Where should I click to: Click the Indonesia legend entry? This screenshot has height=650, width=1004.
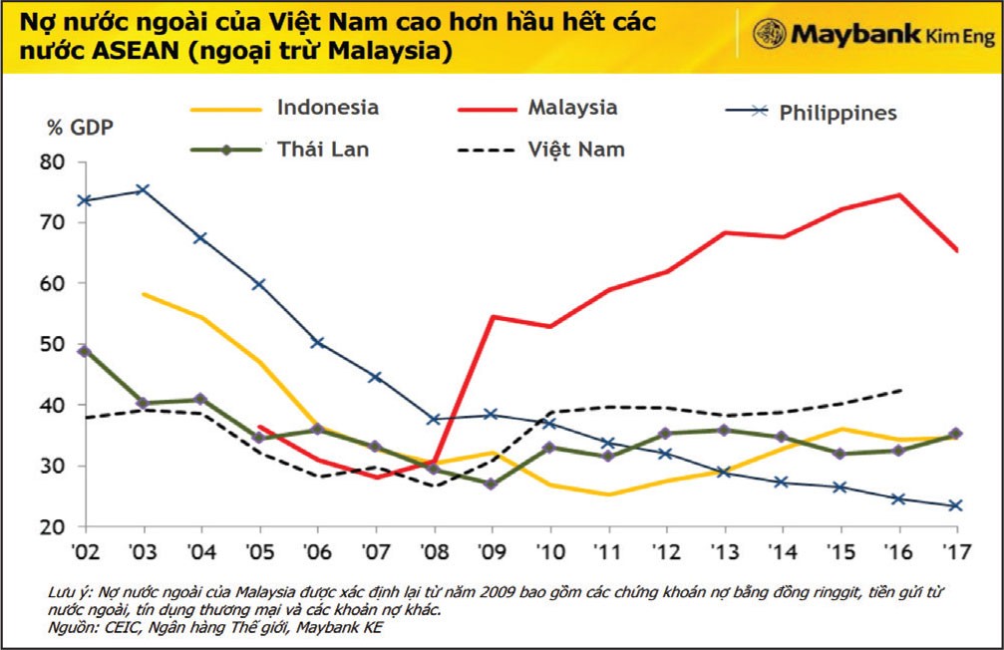pos(328,109)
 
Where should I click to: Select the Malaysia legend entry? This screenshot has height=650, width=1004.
pos(572,108)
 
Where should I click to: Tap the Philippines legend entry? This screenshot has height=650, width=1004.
pos(837,113)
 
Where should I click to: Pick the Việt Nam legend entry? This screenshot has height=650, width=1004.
pos(575,150)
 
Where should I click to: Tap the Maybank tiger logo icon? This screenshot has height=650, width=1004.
pos(768,33)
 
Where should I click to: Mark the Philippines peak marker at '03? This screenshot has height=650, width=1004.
pos(142,189)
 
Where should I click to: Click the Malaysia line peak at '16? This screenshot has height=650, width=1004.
pos(901,194)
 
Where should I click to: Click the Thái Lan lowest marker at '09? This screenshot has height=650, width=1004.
pos(491,485)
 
